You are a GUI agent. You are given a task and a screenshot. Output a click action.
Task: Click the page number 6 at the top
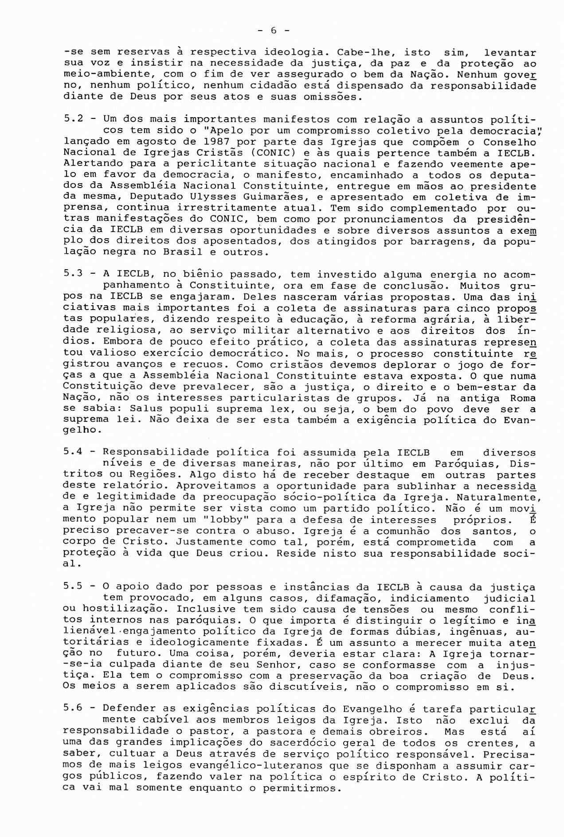tap(273, 31)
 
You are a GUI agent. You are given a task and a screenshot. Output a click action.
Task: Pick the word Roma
tap(520, 397)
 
